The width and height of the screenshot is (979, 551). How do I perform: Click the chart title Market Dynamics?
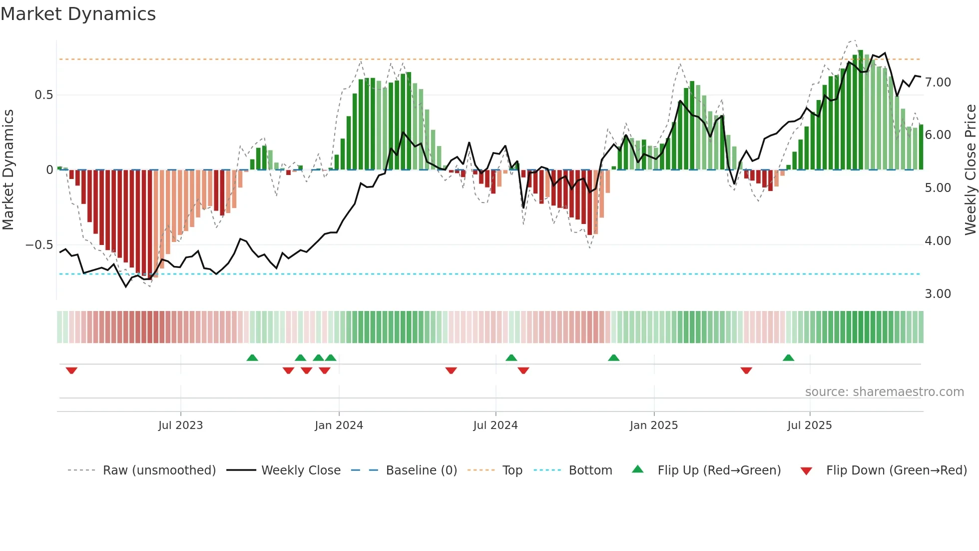(78, 14)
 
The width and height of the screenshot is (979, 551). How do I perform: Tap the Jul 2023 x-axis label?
(180, 425)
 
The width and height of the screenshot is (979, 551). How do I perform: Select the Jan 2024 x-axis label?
(339, 425)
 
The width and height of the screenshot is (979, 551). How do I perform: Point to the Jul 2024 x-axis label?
(495, 425)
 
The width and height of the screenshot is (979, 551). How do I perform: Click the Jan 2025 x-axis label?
(653, 425)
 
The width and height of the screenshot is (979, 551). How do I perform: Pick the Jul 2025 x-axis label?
(809, 425)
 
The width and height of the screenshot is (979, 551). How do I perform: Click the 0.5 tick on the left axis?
(43, 95)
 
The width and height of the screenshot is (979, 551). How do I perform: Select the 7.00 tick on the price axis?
(938, 82)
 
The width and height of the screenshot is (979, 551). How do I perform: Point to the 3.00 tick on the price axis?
(938, 294)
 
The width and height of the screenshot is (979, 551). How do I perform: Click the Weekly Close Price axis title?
(970, 170)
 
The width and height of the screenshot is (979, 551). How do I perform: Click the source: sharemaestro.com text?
(884, 392)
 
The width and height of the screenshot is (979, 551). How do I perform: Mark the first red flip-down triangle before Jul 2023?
(71, 370)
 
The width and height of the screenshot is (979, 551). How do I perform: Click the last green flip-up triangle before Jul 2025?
(788, 357)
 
